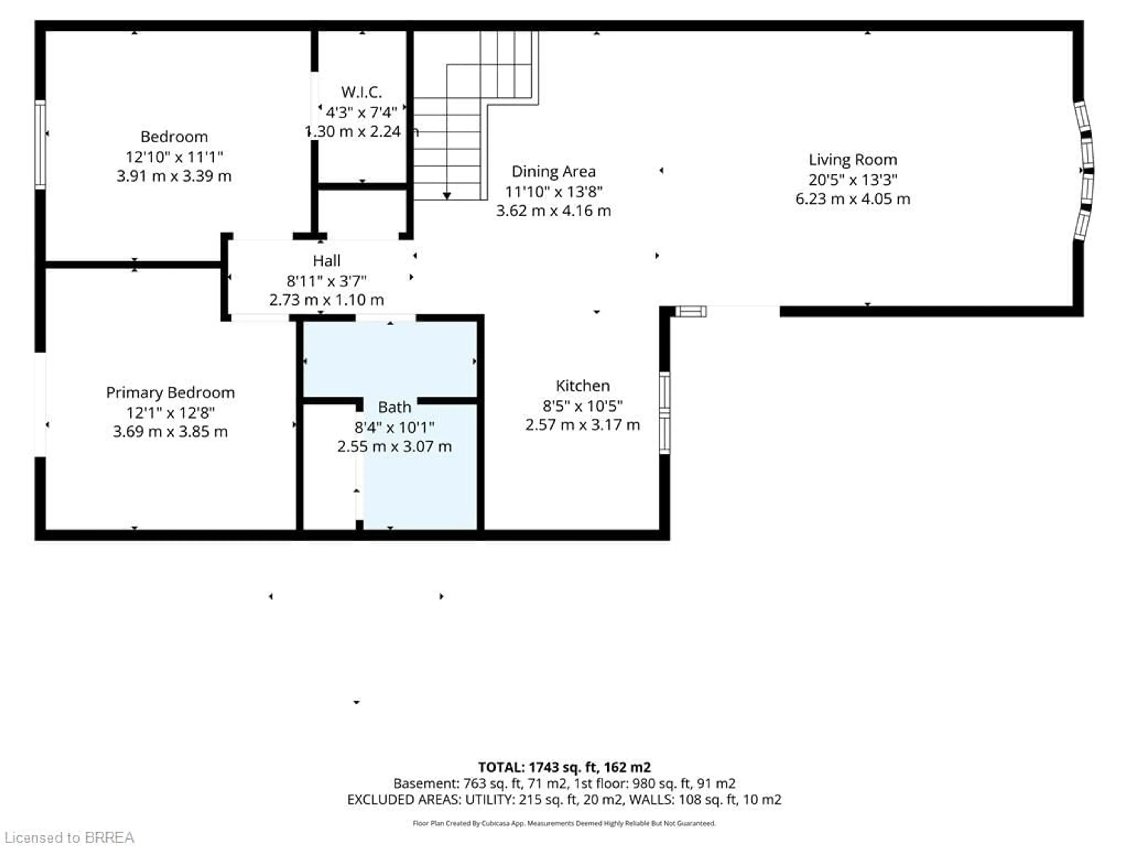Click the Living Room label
tap(853, 160)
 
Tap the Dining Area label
tap(553, 171)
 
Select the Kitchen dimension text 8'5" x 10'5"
tap(582, 406)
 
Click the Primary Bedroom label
tap(170, 393)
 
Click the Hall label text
tap(326, 261)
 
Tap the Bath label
tap(394, 407)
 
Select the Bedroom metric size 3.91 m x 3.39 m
tap(174, 176)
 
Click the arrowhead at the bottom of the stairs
tap(447, 196)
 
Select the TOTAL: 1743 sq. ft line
tap(564, 767)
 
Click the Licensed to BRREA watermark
tap(69, 837)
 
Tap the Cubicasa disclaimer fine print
tap(564, 823)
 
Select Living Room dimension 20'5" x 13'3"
tap(853, 179)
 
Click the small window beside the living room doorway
tap(691, 311)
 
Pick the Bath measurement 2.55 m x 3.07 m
tap(394, 447)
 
